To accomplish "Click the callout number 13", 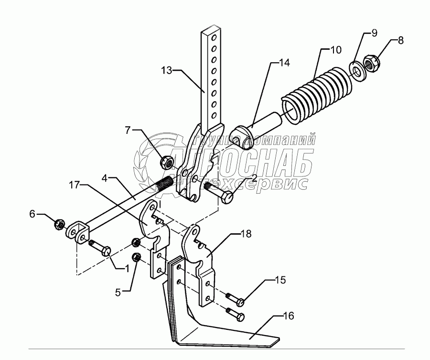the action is [167, 71].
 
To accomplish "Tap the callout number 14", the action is [284, 62].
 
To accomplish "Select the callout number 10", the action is [336, 49].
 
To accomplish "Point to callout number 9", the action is [375, 33].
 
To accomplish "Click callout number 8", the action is [400, 40].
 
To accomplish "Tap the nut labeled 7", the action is [167, 162].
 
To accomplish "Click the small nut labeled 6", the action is [60, 223].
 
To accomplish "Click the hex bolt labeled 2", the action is [219, 192].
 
